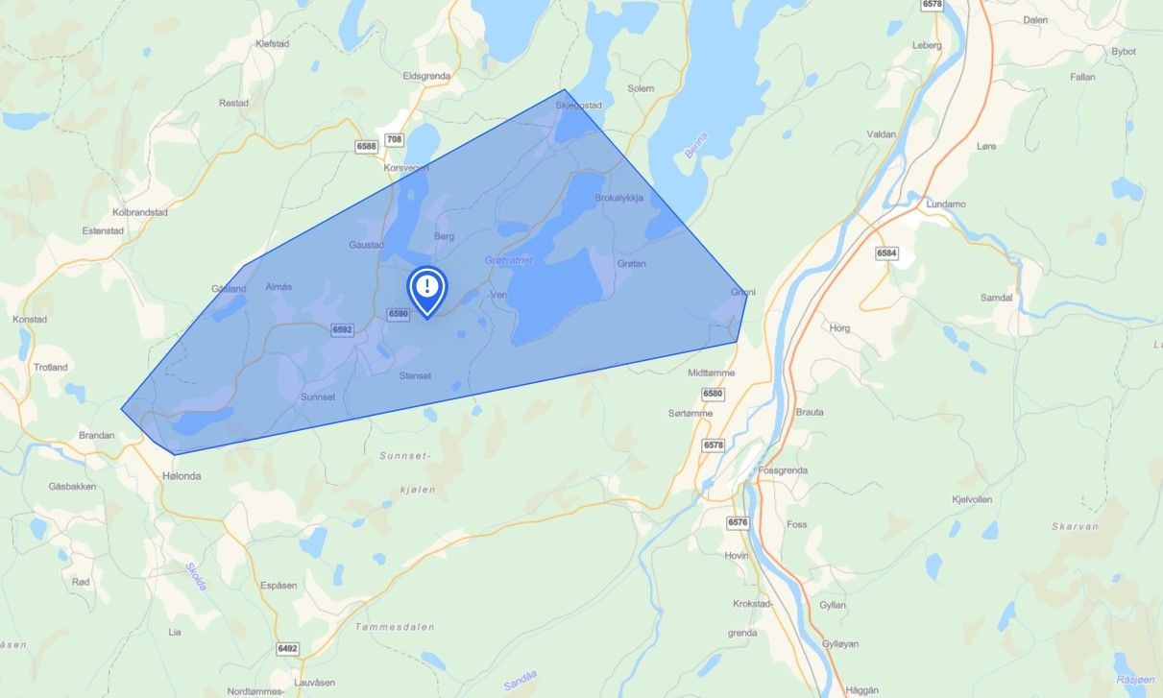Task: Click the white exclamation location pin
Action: pos(427,287)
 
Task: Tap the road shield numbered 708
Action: pos(394,140)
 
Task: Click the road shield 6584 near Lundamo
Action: pos(886,253)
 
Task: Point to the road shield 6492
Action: pos(288,648)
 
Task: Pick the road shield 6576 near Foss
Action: pos(738,522)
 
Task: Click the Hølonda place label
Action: pos(182,474)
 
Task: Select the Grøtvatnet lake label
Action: pos(508,260)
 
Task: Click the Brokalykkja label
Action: pos(618,198)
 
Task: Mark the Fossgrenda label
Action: pos(783,470)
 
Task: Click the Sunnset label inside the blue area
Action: pos(317,397)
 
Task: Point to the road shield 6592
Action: pos(343,329)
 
